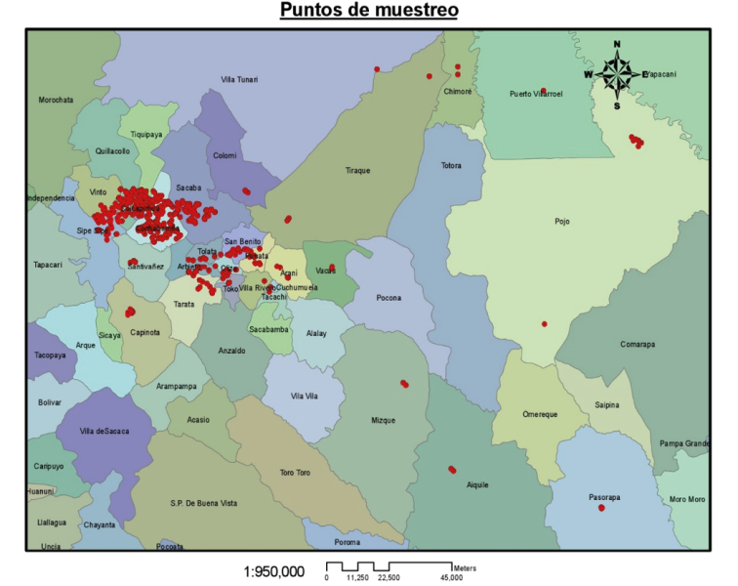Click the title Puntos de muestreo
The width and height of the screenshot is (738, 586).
369,11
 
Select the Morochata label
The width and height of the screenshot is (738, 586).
56,100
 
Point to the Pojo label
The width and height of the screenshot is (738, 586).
561,221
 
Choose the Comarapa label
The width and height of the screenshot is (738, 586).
639,344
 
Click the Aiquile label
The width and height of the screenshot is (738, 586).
477,483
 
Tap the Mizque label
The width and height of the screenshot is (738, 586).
384,420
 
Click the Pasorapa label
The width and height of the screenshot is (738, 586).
605,496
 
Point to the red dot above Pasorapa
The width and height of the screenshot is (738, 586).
601,508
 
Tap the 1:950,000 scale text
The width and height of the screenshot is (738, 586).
274,571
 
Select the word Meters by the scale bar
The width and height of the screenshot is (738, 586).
464,567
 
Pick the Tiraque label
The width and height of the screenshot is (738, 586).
358,171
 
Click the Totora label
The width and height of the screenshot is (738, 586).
451,166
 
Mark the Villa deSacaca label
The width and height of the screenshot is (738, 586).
104,431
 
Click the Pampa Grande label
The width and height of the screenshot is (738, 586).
684,444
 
